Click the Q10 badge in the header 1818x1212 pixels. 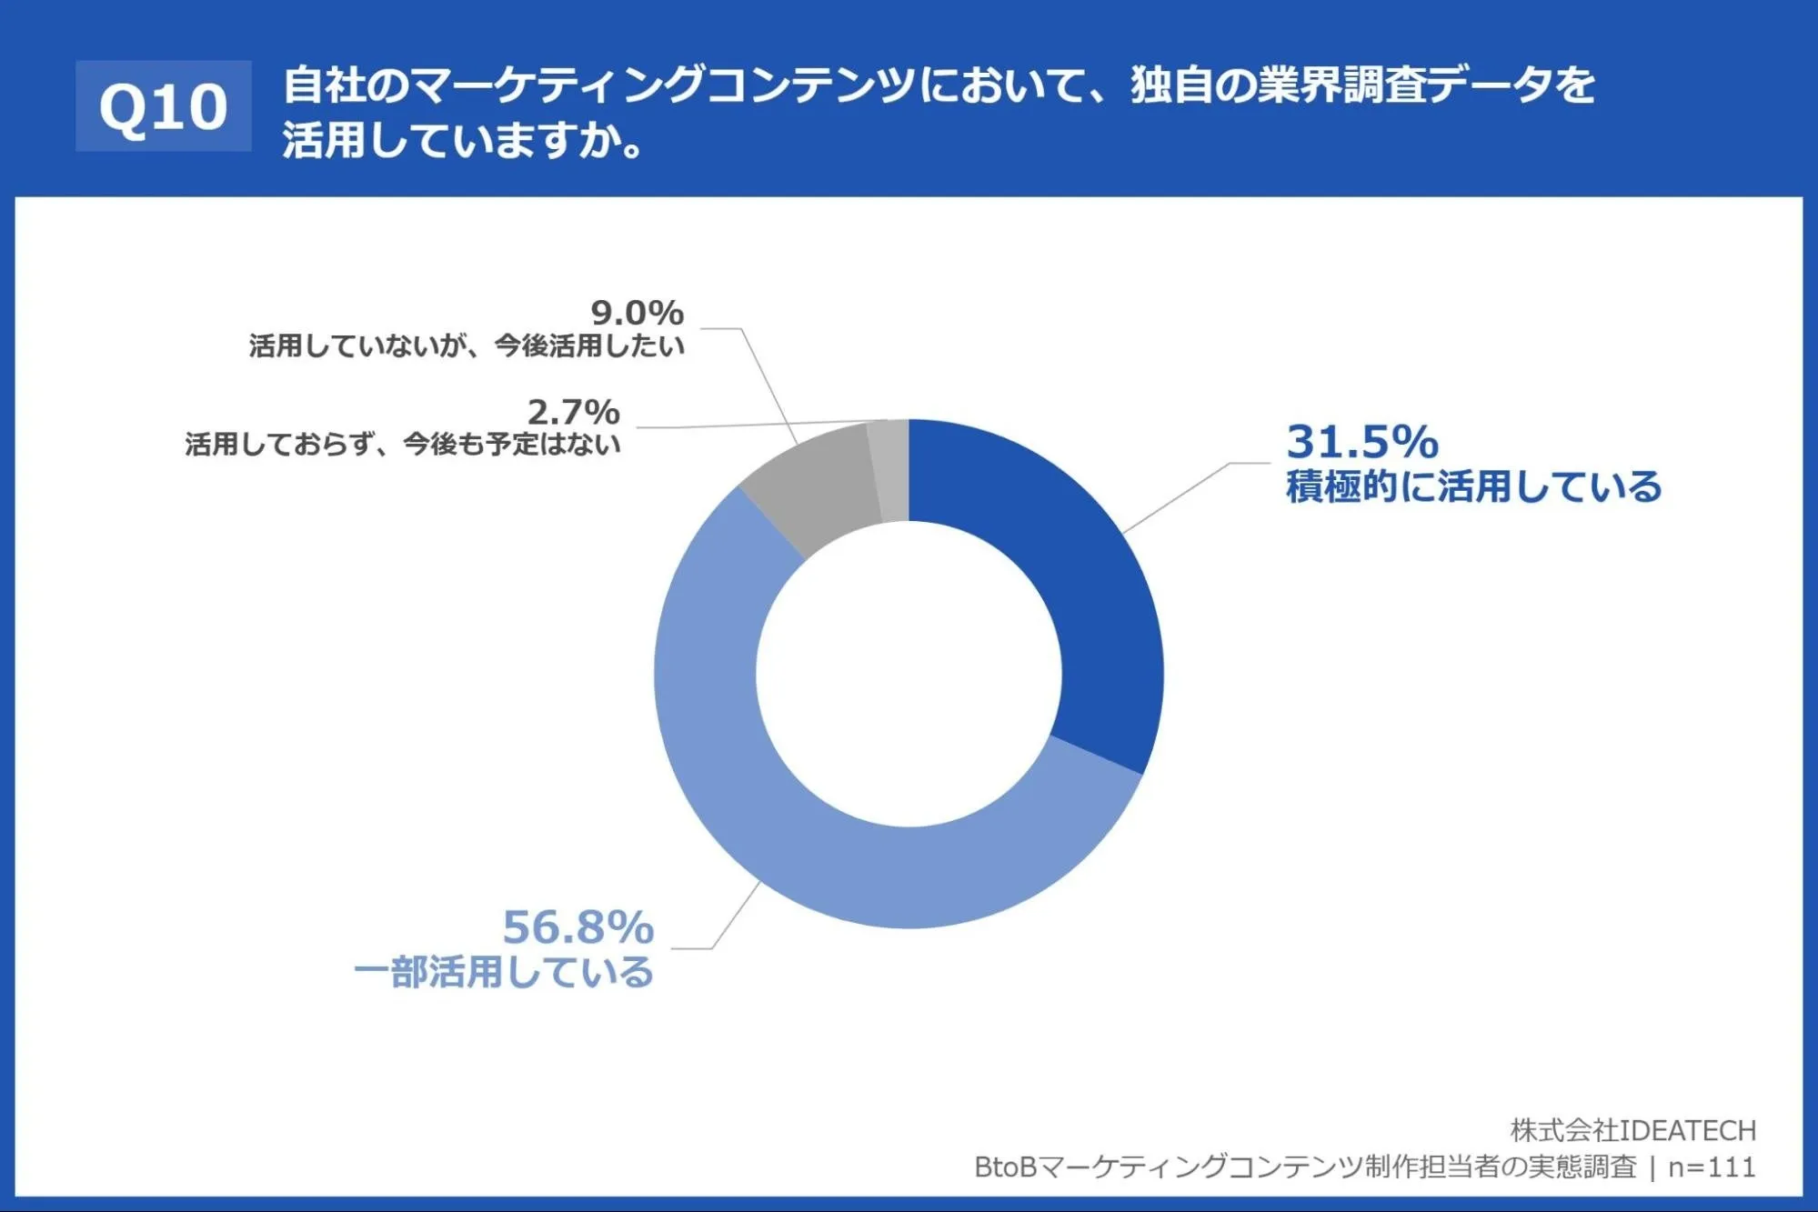coord(164,106)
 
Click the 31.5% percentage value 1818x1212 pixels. coord(1361,442)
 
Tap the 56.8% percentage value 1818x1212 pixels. coord(578,927)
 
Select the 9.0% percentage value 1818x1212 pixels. coord(637,314)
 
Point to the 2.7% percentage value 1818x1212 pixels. coord(574,413)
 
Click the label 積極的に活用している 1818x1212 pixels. coord(1473,487)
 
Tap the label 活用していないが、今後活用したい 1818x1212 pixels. coord(467,346)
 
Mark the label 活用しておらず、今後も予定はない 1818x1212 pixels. coord(403,445)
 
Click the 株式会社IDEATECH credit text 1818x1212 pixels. coord(1633,1130)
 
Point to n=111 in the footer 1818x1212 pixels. coord(1712,1167)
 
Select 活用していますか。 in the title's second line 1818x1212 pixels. coord(464,141)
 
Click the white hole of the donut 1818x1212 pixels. coord(909,675)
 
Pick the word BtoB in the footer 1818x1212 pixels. coord(1006,1167)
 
